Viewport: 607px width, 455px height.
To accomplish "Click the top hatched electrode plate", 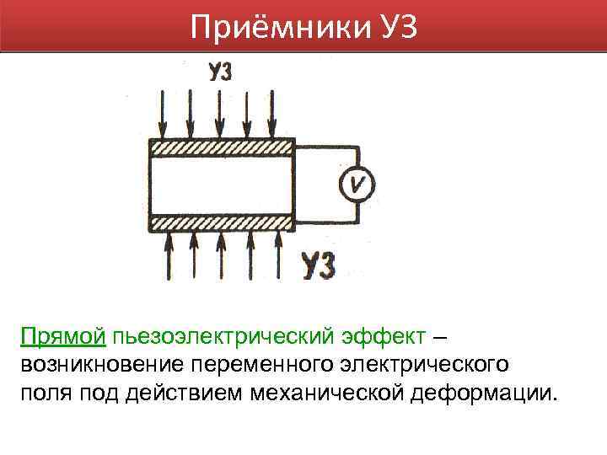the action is [222, 147].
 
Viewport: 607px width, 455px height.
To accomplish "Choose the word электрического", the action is [422, 366].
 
